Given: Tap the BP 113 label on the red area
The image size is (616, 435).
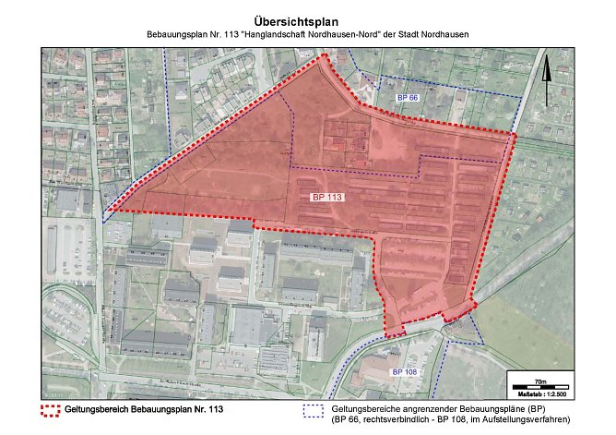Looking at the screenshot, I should pyautogui.click(x=327, y=198).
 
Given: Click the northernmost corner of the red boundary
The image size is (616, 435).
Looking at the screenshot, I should pyautogui.click(x=325, y=56).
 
